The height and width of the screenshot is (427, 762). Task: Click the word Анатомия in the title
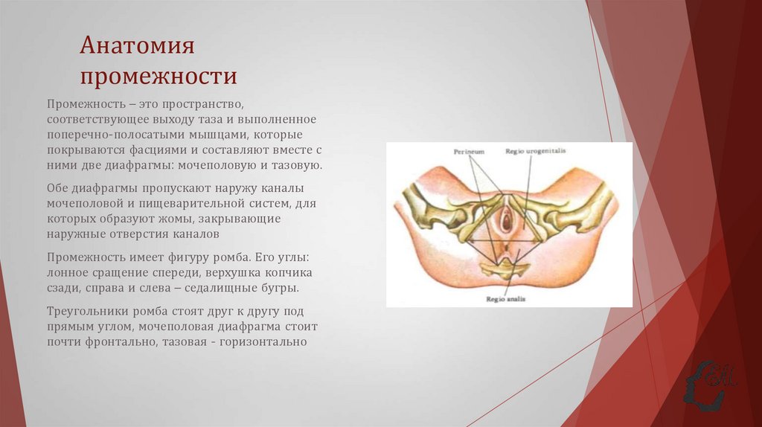click(138, 46)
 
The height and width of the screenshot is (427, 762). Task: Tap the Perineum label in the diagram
click(469, 151)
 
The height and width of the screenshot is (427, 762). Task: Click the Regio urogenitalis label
click(536, 151)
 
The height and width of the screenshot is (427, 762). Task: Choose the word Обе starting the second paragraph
click(57, 187)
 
